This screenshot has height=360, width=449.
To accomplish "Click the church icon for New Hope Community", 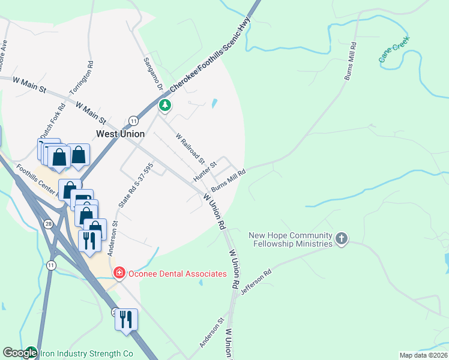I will click(342, 239).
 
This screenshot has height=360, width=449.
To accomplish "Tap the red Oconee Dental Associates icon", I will click(119, 274).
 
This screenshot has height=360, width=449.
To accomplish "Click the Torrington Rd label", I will click(82, 77).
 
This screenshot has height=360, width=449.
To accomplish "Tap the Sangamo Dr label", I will click(153, 74).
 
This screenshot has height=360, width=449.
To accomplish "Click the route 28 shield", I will click(47, 224).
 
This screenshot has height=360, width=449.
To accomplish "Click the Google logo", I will click(20, 353).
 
